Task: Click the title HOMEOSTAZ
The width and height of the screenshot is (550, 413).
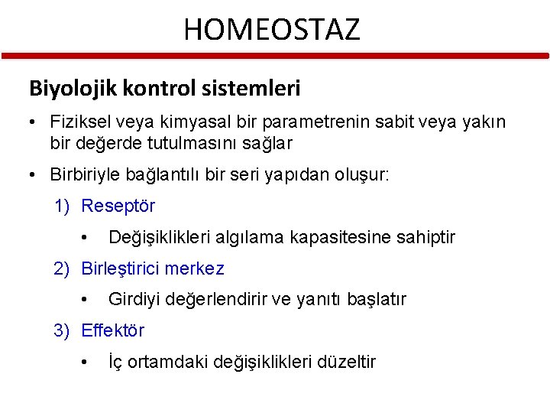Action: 271,30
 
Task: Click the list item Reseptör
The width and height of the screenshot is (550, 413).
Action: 118,206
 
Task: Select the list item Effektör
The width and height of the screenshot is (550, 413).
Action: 112,330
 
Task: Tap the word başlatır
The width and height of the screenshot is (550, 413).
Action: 377,299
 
